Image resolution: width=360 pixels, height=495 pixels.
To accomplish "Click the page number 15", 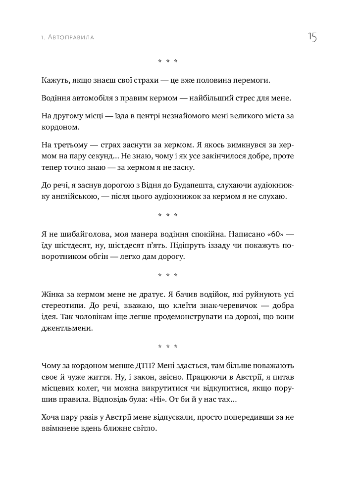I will (x=312, y=38).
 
